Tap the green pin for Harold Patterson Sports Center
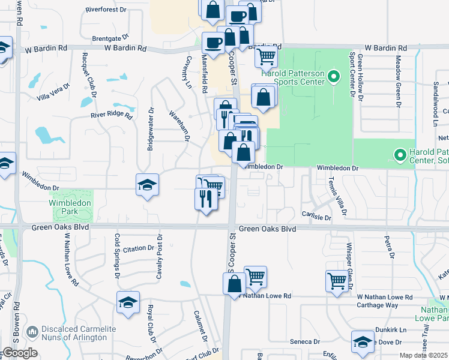[x=335, y=76]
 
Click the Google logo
[x=19, y=353]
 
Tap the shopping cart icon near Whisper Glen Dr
[x=336, y=280]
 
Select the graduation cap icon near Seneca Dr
[x=363, y=341]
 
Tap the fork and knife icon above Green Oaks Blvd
[x=205, y=198]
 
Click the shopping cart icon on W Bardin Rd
[x=265, y=56]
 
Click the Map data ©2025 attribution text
[x=423, y=355]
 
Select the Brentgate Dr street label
[x=107, y=38]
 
